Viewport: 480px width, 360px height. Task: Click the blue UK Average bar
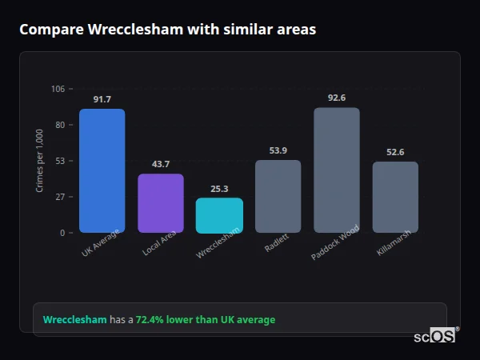coord(102,170)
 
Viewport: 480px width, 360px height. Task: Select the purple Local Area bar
coord(161,203)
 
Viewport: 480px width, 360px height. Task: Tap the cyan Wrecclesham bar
coord(219,215)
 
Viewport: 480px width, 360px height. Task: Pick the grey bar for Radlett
coord(278,196)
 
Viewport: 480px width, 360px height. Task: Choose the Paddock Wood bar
coord(337,170)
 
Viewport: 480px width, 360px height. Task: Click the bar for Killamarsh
coord(395,197)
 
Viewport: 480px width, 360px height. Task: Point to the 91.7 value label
coord(102,100)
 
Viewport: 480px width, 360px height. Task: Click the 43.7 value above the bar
coord(161,165)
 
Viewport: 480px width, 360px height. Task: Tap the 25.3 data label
coord(219,190)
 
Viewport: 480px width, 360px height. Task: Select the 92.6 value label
coord(337,98)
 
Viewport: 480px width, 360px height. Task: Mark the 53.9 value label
coord(278,151)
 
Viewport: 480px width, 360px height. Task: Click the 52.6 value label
coord(395,153)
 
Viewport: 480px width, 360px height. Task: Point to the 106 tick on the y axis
coord(58,89)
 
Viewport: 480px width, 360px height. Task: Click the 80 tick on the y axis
coord(60,125)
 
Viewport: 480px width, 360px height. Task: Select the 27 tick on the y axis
coord(60,197)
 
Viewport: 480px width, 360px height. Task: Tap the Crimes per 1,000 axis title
coord(40,161)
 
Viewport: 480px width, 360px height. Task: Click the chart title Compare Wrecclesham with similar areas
coord(167,30)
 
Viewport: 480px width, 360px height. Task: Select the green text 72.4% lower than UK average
coord(206,320)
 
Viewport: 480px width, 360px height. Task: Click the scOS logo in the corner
coord(435,336)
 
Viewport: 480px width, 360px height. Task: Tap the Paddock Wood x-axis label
coord(336,242)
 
